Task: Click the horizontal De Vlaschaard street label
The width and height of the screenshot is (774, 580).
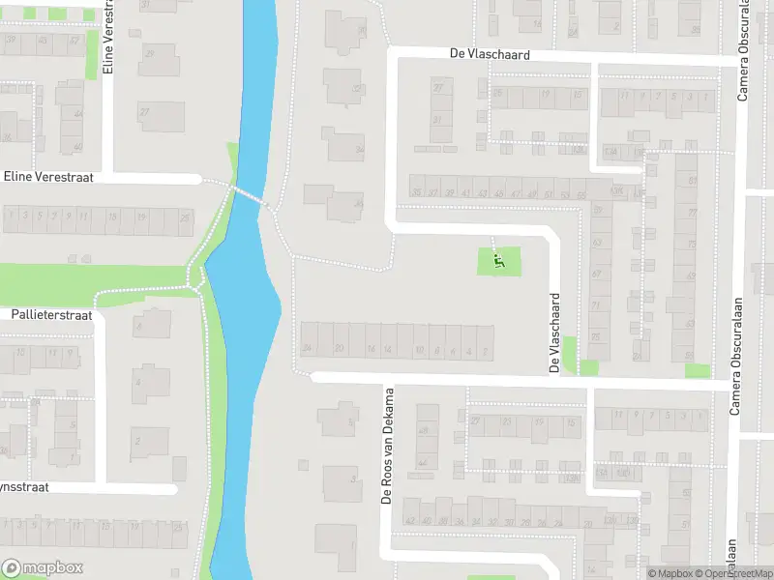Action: tap(491, 55)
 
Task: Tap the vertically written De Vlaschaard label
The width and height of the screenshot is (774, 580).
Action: tap(555, 333)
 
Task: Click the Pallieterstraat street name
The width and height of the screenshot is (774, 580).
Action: tap(51, 315)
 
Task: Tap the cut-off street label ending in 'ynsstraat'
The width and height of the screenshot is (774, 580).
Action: tap(24, 488)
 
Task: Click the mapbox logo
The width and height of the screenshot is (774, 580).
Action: tap(43, 567)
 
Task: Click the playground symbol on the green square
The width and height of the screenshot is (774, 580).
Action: tap(499, 260)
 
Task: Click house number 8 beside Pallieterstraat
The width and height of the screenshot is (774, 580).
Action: tap(138, 329)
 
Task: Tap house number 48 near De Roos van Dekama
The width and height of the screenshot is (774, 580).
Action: tap(422, 410)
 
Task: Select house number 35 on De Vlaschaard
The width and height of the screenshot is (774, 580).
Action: tap(416, 192)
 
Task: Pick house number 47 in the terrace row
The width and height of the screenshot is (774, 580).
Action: tap(513, 193)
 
